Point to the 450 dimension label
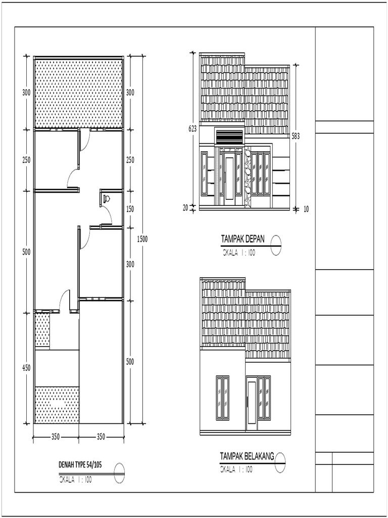[26, 368]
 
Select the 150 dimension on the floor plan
[130, 209]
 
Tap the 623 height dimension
[192, 129]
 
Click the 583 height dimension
[296, 136]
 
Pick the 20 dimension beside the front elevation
[185, 207]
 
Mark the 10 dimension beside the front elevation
[306, 208]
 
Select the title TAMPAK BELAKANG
[247, 456]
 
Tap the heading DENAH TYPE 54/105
[80, 465]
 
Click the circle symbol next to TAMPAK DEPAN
[276, 245]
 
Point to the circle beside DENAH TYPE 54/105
[119, 472]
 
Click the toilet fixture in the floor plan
[106, 199]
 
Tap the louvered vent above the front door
[229, 137]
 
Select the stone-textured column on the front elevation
[248, 177]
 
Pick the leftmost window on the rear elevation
[222, 397]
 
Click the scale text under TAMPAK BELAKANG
[236, 469]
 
